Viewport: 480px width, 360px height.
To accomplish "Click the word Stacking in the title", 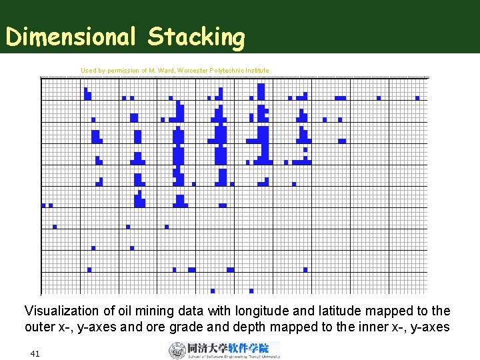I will coord(196,37).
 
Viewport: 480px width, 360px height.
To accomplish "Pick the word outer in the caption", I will coord(39,327).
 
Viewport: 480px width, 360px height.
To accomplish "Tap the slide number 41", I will coord(35,353).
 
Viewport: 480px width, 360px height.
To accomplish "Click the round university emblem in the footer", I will coord(177,350).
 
